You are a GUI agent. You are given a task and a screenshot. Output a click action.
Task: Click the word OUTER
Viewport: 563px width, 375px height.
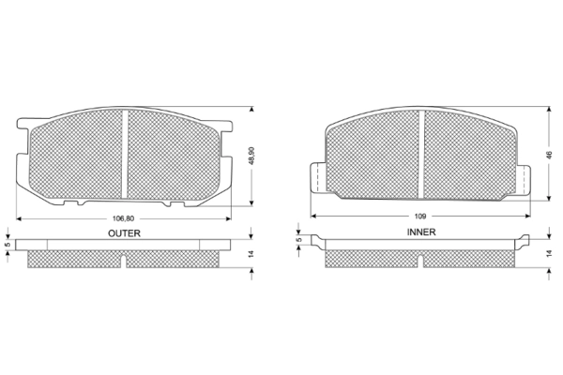(x=124, y=233)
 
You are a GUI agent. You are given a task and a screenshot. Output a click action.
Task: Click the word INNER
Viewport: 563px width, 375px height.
(x=421, y=232)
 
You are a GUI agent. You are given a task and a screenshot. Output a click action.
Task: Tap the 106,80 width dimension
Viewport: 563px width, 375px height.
(x=123, y=218)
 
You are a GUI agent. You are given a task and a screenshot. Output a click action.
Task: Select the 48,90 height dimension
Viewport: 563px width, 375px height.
(x=251, y=156)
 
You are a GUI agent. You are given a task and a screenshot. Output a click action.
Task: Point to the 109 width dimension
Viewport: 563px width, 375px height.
(x=420, y=216)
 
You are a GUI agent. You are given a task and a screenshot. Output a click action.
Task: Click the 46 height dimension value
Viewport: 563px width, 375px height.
(x=549, y=155)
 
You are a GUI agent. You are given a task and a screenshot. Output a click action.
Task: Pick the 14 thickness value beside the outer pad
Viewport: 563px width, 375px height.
(x=251, y=254)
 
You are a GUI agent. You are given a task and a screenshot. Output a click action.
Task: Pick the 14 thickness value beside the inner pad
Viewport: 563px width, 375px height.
(x=549, y=254)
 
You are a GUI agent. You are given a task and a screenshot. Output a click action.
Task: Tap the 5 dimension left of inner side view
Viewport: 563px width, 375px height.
(x=298, y=240)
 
